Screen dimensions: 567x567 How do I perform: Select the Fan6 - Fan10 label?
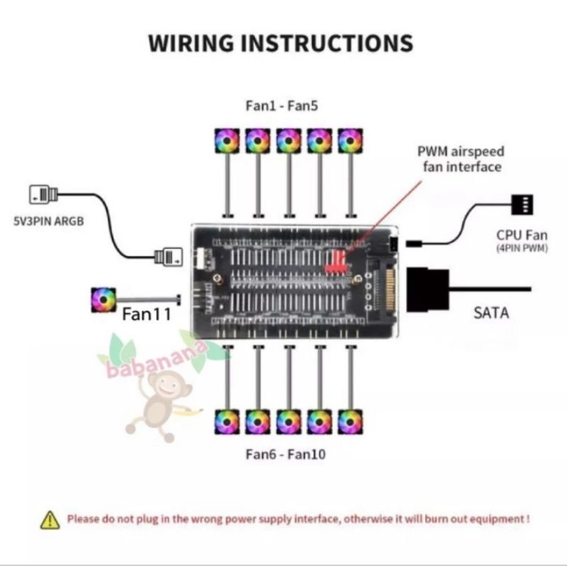point(286,454)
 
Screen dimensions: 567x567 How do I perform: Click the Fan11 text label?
point(145,313)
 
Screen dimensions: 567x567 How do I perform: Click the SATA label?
point(491,312)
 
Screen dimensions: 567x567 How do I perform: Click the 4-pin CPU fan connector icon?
point(521,205)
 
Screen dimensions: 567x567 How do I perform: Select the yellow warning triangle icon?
point(49,519)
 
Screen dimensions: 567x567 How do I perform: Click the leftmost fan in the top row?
point(227,140)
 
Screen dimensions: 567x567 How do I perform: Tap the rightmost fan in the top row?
point(349,140)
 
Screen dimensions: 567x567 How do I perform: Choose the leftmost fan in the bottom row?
point(227,421)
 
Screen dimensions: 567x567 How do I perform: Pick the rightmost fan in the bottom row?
point(349,421)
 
